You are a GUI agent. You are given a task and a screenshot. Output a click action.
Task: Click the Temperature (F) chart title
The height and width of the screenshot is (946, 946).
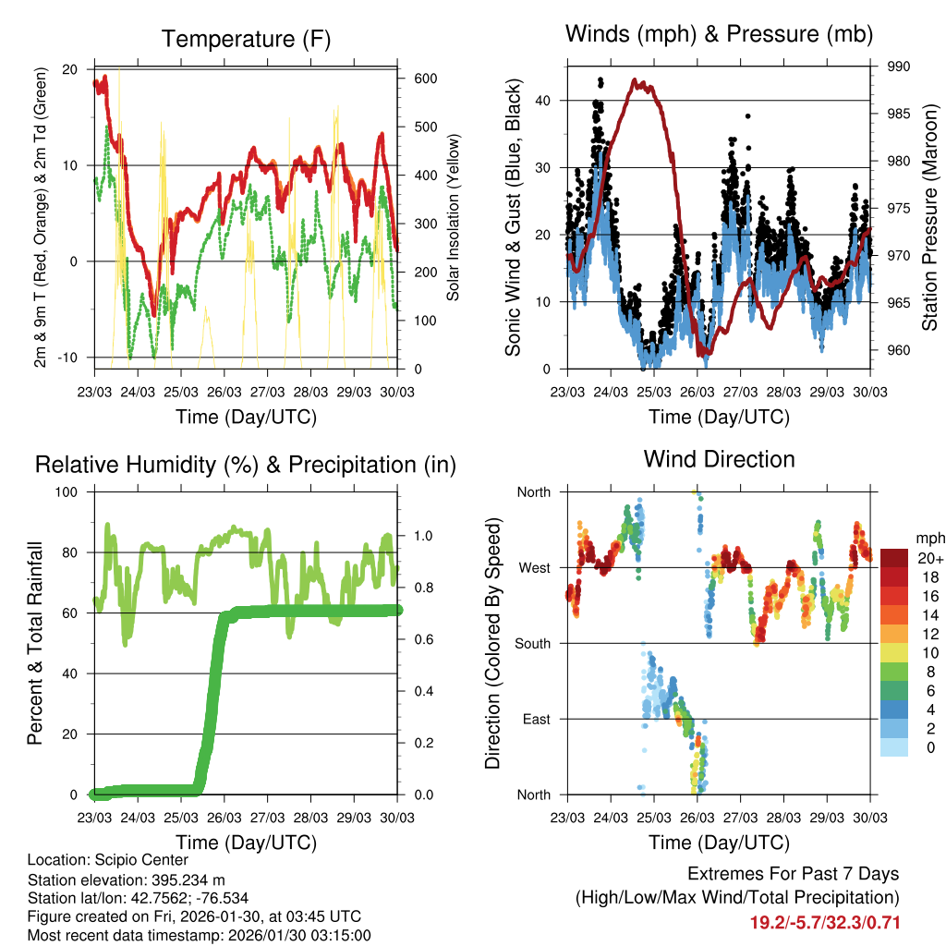(x=246, y=39)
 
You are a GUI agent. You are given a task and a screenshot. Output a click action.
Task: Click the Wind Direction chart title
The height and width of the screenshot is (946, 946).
(x=719, y=458)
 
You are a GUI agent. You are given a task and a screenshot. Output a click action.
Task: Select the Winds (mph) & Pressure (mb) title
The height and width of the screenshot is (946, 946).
(x=719, y=35)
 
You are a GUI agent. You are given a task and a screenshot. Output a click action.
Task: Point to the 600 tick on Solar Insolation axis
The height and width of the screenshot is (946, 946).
(x=424, y=79)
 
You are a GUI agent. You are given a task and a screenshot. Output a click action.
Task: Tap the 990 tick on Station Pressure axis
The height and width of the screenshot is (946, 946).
(x=899, y=67)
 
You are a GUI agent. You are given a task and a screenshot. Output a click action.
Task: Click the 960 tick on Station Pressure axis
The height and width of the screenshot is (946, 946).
(x=899, y=350)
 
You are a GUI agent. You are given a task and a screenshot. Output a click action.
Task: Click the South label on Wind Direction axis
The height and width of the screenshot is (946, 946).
(x=533, y=643)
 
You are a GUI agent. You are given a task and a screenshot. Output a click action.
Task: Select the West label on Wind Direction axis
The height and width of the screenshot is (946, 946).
(x=535, y=567)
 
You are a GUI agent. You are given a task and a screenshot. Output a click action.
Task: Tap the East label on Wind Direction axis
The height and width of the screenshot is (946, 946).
(x=536, y=719)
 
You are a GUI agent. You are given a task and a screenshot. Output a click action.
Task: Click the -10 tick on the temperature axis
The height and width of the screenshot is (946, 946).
(x=67, y=358)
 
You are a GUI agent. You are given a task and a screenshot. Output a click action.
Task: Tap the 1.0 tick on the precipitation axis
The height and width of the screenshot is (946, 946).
(x=423, y=536)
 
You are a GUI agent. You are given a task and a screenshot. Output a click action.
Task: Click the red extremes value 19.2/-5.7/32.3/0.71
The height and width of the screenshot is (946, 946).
(x=824, y=922)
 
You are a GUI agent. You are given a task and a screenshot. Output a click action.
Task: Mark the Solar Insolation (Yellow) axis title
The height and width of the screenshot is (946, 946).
(x=454, y=218)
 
